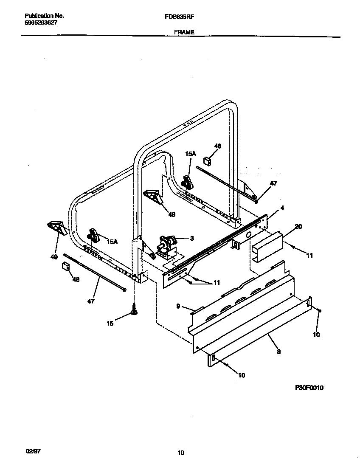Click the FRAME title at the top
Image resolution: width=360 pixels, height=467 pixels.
pyautogui.click(x=184, y=32)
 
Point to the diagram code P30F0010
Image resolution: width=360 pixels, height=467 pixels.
pyautogui.click(x=309, y=388)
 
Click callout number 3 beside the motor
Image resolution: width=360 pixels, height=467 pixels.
pyautogui.click(x=192, y=239)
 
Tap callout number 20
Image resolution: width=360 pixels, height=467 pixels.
pyautogui.click(x=298, y=227)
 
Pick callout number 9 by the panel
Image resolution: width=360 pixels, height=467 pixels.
pyautogui.click(x=179, y=305)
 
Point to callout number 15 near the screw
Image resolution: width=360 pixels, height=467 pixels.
pyautogui.click(x=110, y=323)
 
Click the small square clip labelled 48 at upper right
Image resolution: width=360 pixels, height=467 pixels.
pyautogui.click(x=208, y=160)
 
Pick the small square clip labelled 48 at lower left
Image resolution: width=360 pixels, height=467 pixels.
pyautogui.click(x=65, y=266)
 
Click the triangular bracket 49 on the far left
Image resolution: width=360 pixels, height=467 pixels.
pyautogui.click(x=57, y=228)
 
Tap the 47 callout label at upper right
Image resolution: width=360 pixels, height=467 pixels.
pyautogui.click(x=273, y=183)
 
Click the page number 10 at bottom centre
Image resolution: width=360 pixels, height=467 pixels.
pyautogui.click(x=181, y=453)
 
